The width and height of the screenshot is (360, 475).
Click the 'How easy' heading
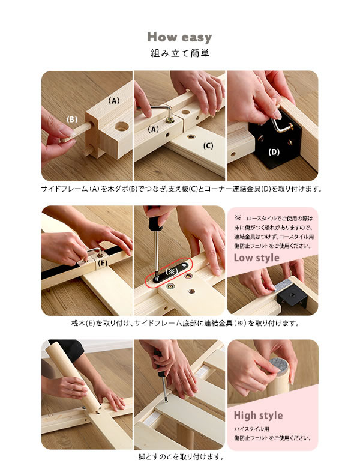pos(179,37)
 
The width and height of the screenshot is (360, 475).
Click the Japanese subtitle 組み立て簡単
pos(180,53)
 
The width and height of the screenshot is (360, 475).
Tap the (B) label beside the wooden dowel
pos(72,120)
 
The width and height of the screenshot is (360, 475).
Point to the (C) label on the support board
pos(208,146)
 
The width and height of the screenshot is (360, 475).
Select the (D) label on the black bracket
pos(274,151)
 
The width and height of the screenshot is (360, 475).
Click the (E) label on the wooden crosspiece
pos(103,263)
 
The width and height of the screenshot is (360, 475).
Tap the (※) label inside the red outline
pos(172,271)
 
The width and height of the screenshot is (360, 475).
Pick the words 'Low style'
pos(256,258)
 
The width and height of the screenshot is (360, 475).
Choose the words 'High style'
pos(258,416)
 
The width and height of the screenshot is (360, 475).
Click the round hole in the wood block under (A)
pos(122,126)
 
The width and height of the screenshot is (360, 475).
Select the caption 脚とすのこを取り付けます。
pos(181,457)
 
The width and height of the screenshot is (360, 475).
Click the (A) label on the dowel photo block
pos(114,101)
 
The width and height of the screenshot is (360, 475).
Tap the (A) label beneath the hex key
pos(153,129)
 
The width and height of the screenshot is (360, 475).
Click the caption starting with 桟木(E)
pos(185,323)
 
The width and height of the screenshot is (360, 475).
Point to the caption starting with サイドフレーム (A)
pos(181,189)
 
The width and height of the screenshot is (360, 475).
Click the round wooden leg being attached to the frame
pos(73,376)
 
